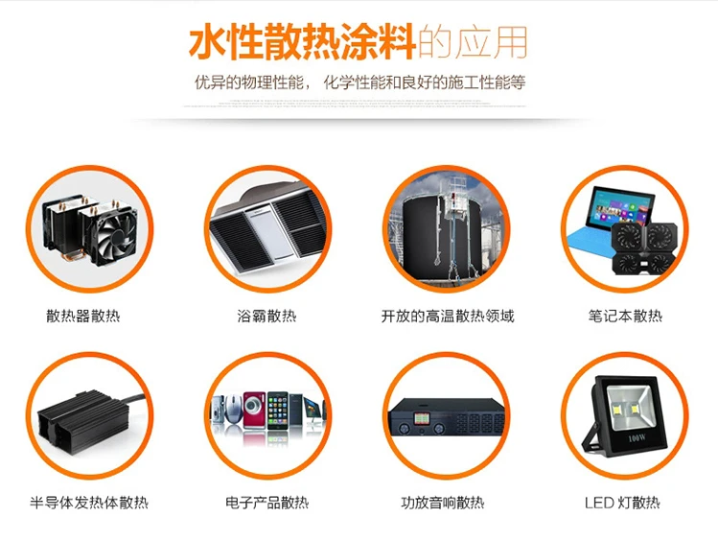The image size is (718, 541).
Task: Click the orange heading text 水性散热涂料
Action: coord(303,42)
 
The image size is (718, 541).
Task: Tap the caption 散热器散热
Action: coord(83,316)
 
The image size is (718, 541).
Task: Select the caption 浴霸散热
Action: coord(267,316)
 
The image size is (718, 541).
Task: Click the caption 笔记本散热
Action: coord(625,316)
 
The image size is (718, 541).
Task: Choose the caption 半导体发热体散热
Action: coord(90,503)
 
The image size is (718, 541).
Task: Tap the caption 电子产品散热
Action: coord(267,503)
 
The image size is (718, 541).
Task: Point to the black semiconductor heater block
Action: coord(81,422)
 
